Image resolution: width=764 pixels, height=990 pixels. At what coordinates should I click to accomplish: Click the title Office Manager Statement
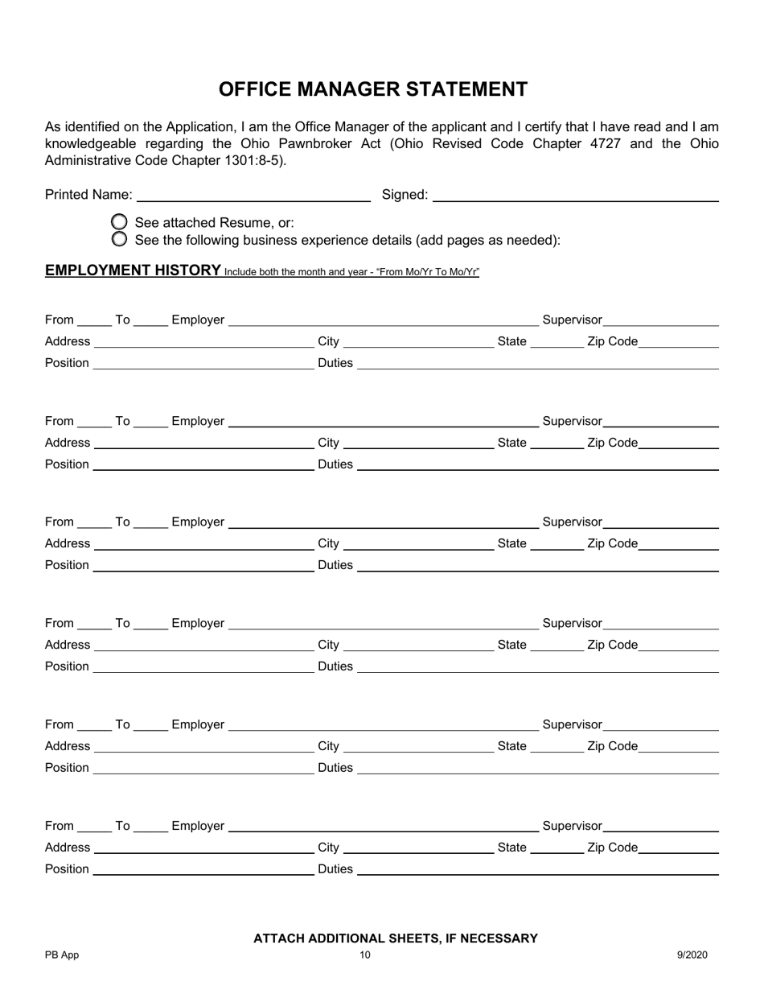[373, 89]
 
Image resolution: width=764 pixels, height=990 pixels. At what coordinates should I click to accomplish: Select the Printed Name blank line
[253, 196]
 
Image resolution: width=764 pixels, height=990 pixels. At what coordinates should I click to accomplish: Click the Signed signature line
[575, 196]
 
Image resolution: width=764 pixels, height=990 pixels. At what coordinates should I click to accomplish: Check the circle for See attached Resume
[119, 222]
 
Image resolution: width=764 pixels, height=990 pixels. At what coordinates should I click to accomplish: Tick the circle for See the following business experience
[119, 239]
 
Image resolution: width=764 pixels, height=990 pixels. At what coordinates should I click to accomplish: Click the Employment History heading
[133, 270]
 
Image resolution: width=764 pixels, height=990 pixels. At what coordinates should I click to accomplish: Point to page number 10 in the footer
[365, 955]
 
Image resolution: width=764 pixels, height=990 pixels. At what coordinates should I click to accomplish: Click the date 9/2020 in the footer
[692, 955]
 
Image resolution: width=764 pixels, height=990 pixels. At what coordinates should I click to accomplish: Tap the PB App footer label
[62, 955]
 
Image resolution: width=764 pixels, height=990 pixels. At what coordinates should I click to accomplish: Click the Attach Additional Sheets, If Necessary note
[396, 938]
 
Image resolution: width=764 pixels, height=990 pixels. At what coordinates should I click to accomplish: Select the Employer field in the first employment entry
[383, 321]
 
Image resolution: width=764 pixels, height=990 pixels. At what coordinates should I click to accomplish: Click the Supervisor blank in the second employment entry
[661, 423]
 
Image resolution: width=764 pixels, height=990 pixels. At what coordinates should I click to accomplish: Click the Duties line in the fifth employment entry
[537, 769]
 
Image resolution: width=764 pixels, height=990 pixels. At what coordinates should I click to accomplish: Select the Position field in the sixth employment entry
[203, 870]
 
